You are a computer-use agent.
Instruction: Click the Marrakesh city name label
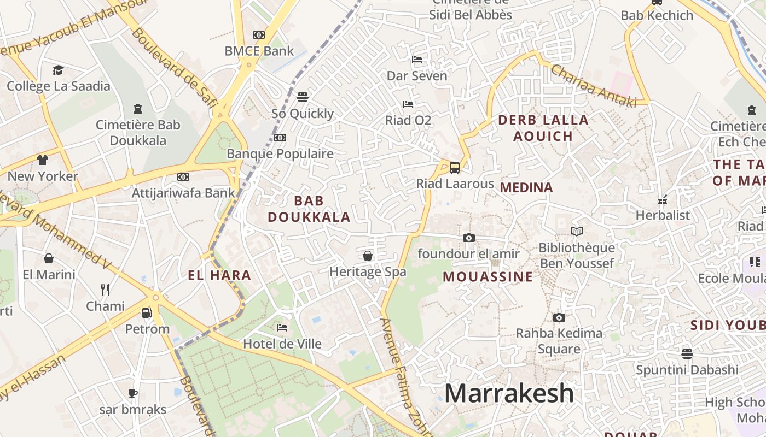pos(509,394)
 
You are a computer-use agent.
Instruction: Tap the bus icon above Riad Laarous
pos(454,167)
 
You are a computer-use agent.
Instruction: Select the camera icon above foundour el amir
pos(468,238)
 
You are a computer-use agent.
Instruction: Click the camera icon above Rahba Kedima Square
pos(559,317)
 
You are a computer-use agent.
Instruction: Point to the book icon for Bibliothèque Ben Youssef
pos(576,231)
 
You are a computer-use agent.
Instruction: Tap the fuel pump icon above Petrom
pos(147,313)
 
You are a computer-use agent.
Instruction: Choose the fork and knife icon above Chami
pos(105,290)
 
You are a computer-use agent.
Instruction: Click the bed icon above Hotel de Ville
pos(282,328)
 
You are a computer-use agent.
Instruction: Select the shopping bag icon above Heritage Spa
pos(368,256)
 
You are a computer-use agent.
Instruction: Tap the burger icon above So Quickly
pos(303,97)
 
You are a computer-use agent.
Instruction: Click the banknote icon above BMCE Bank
pos(259,35)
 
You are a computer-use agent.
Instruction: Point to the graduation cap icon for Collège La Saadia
pos(58,70)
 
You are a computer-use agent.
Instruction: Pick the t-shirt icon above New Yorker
pos(43,160)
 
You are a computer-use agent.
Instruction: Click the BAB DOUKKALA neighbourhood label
pos(309,209)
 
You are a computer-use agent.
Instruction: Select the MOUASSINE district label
pos(488,276)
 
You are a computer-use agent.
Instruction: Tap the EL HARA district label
pos(219,275)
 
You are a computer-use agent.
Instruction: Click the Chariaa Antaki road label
pos(593,86)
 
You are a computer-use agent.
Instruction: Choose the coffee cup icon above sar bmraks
pos(132,393)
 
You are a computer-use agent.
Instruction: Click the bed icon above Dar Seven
pos(417,59)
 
